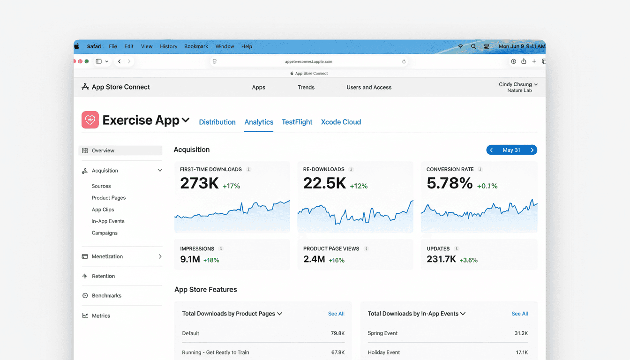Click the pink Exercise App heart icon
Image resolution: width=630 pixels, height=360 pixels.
(90, 120)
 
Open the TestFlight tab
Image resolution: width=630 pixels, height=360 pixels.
(297, 122)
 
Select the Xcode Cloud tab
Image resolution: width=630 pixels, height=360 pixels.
(341, 122)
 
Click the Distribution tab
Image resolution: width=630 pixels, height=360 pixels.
(217, 122)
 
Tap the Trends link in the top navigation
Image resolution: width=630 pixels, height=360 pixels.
(306, 87)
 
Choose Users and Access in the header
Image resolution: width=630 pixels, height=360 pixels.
(369, 87)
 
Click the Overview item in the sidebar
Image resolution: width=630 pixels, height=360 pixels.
(103, 150)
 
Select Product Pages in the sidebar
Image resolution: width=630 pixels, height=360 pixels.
(109, 198)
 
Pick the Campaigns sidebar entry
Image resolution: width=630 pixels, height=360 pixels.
(105, 233)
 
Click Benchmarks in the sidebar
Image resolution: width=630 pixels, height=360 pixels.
(106, 296)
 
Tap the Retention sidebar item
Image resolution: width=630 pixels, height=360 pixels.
(103, 276)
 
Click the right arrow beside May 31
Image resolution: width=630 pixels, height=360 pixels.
(532, 150)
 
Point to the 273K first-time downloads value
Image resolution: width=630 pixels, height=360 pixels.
(199, 183)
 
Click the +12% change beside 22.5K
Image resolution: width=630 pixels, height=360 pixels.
(359, 186)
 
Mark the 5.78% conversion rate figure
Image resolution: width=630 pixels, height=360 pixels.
(449, 183)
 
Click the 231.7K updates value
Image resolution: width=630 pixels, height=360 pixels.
(441, 259)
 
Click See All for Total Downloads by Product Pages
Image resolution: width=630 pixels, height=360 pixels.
(336, 314)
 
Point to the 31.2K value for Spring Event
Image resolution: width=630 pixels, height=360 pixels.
(521, 333)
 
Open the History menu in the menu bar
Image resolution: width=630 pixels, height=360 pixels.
(168, 46)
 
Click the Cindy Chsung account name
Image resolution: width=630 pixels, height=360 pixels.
(515, 84)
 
